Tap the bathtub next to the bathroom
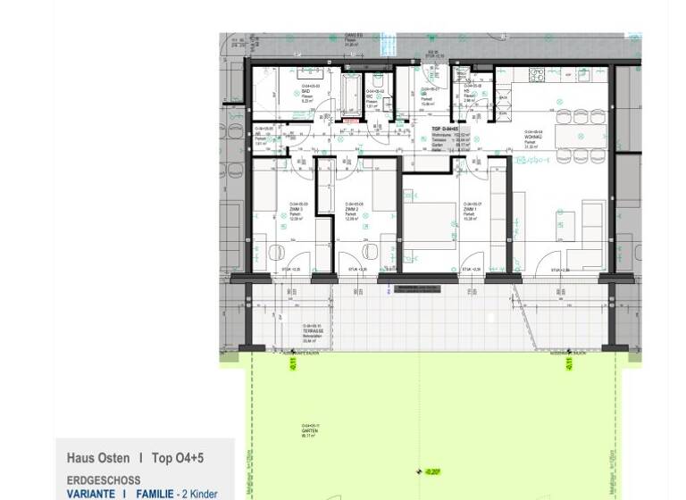[x=351, y=96]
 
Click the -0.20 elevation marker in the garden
[x=432, y=471]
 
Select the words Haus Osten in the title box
[x=98, y=458]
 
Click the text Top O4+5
[x=178, y=458]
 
